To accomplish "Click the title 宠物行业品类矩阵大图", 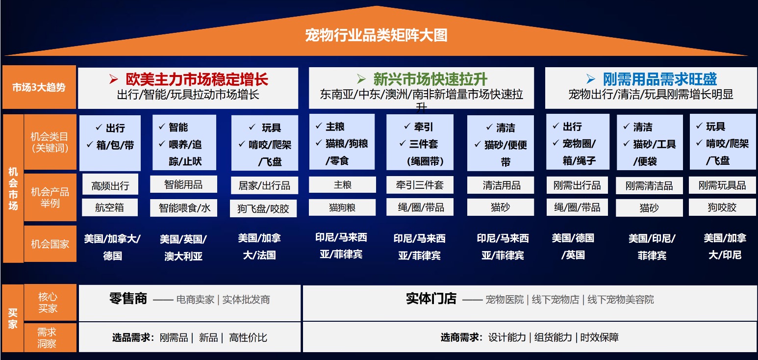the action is [x=376, y=35].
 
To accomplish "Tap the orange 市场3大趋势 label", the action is [x=39, y=87].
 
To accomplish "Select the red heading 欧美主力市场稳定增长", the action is [x=197, y=79].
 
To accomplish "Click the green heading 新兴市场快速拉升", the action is [x=430, y=79].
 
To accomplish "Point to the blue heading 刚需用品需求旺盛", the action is [x=660, y=79].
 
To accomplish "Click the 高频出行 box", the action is [x=110, y=185].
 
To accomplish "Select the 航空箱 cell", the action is [x=110, y=207].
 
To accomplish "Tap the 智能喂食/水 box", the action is [x=184, y=207].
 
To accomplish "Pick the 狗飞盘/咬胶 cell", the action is [x=263, y=208].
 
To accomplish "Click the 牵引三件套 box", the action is [x=420, y=184].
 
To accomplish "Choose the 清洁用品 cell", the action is [x=501, y=185].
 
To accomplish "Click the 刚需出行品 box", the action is [x=577, y=185].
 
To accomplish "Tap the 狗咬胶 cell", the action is [x=722, y=207].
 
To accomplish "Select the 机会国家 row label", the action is [x=50, y=244].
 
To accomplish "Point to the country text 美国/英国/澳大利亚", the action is [x=183, y=248].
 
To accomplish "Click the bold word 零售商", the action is [x=128, y=299].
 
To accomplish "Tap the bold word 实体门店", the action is [x=431, y=299].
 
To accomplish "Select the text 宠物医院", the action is [x=505, y=299].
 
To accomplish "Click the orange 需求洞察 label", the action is [x=47, y=337].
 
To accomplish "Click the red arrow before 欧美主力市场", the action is [x=113, y=79].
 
